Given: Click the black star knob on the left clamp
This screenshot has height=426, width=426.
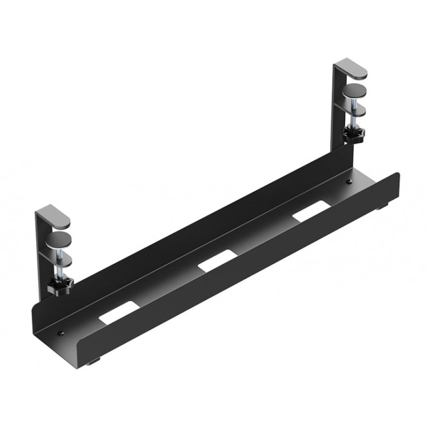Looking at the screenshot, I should coord(60,283).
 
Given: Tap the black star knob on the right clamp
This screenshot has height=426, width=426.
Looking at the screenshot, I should coord(353,136).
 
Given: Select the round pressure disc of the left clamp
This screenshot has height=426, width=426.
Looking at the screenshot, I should coord(59,239).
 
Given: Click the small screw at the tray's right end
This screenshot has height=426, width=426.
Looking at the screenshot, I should coord(349,181).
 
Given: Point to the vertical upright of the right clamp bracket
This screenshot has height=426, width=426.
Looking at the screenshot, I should coord(337,106).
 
